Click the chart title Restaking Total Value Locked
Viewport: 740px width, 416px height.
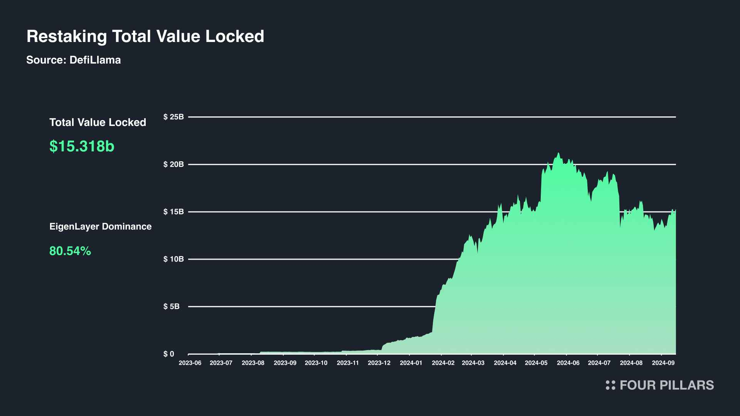click(x=145, y=37)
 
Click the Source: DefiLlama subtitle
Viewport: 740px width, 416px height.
click(x=74, y=60)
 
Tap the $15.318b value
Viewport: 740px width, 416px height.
click(x=82, y=146)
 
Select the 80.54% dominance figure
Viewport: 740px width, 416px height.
click(x=70, y=251)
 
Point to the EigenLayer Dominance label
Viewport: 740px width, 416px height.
click(x=100, y=226)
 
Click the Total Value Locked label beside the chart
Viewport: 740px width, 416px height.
click(x=98, y=122)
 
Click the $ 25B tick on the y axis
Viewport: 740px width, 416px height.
click(x=173, y=117)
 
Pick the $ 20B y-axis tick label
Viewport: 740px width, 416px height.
click(x=173, y=164)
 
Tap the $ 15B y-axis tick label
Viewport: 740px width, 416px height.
click(x=173, y=212)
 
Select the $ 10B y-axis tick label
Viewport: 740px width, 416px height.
click(x=173, y=259)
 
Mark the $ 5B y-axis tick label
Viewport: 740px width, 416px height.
click(x=172, y=307)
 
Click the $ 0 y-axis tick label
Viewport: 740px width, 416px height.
click(x=169, y=354)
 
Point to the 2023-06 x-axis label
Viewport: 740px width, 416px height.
click(x=190, y=363)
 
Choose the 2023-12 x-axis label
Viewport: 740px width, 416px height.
click(x=379, y=363)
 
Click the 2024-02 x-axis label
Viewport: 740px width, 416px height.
click(x=443, y=363)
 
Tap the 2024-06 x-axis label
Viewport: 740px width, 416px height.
click(x=568, y=363)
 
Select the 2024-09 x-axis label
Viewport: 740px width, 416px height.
click(x=663, y=363)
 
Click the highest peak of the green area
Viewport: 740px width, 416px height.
click(x=558, y=153)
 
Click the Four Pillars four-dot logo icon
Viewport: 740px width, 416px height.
click(x=610, y=385)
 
